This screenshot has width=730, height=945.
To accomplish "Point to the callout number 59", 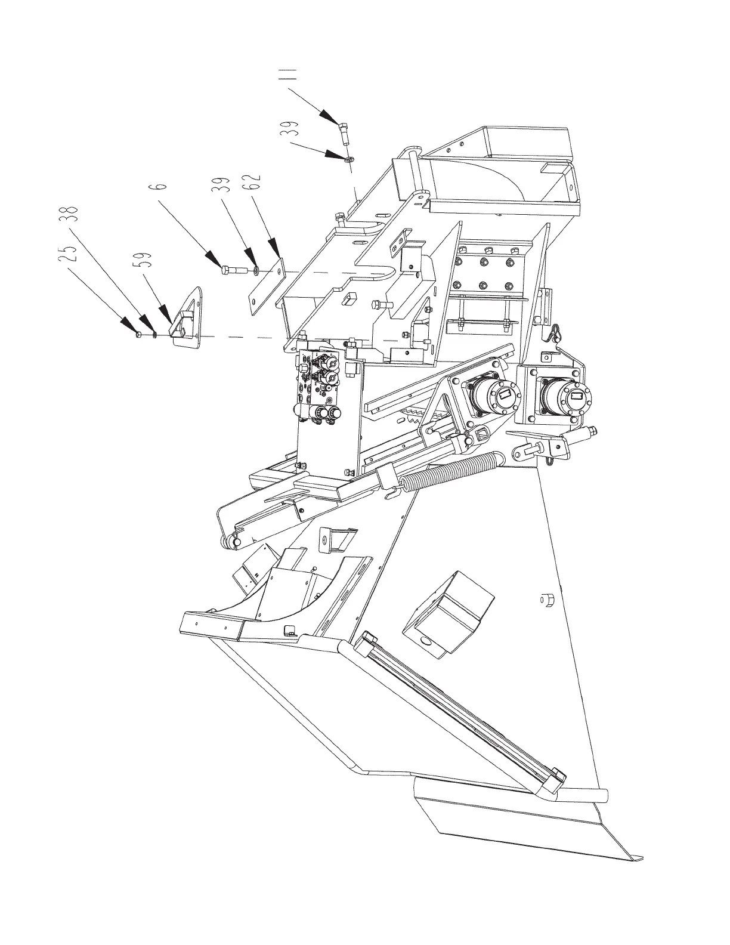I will (147, 258).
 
